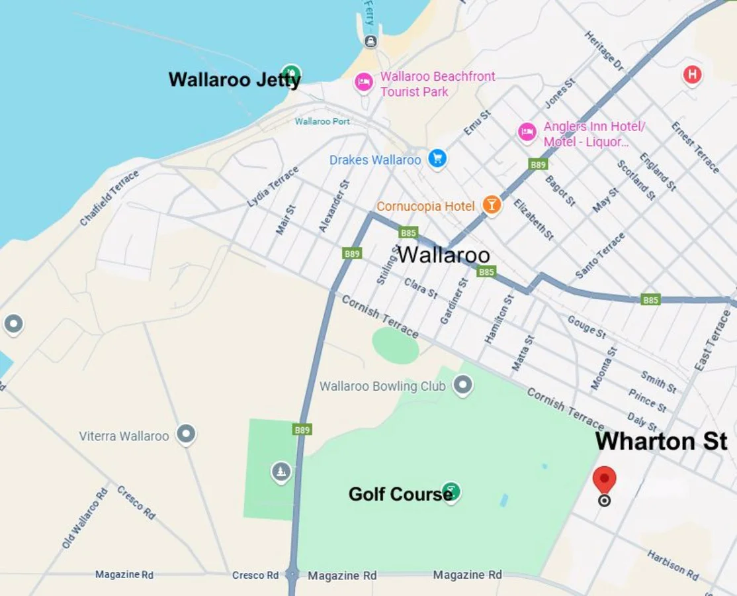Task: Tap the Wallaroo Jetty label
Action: [x=235, y=80]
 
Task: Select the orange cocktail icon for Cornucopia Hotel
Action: [x=491, y=205]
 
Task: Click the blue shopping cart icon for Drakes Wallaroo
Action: [x=437, y=159]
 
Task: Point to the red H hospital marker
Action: [x=692, y=74]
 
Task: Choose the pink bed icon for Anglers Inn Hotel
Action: [x=527, y=132]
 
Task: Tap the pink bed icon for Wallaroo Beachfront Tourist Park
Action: [x=363, y=83]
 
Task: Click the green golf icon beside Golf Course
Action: [x=451, y=492]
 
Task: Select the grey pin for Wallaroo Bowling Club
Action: [x=462, y=385]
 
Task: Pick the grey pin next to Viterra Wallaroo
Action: [x=186, y=434]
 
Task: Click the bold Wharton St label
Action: [x=661, y=442]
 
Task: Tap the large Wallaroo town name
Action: [x=443, y=255]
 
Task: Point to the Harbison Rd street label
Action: [x=672, y=565]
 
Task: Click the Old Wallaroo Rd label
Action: [x=85, y=519]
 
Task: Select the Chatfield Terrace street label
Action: [x=110, y=198]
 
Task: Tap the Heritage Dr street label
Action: [x=604, y=51]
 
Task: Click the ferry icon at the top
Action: [x=371, y=41]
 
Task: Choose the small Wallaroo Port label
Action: [x=322, y=121]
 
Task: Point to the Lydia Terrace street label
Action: [x=273, y=187]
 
